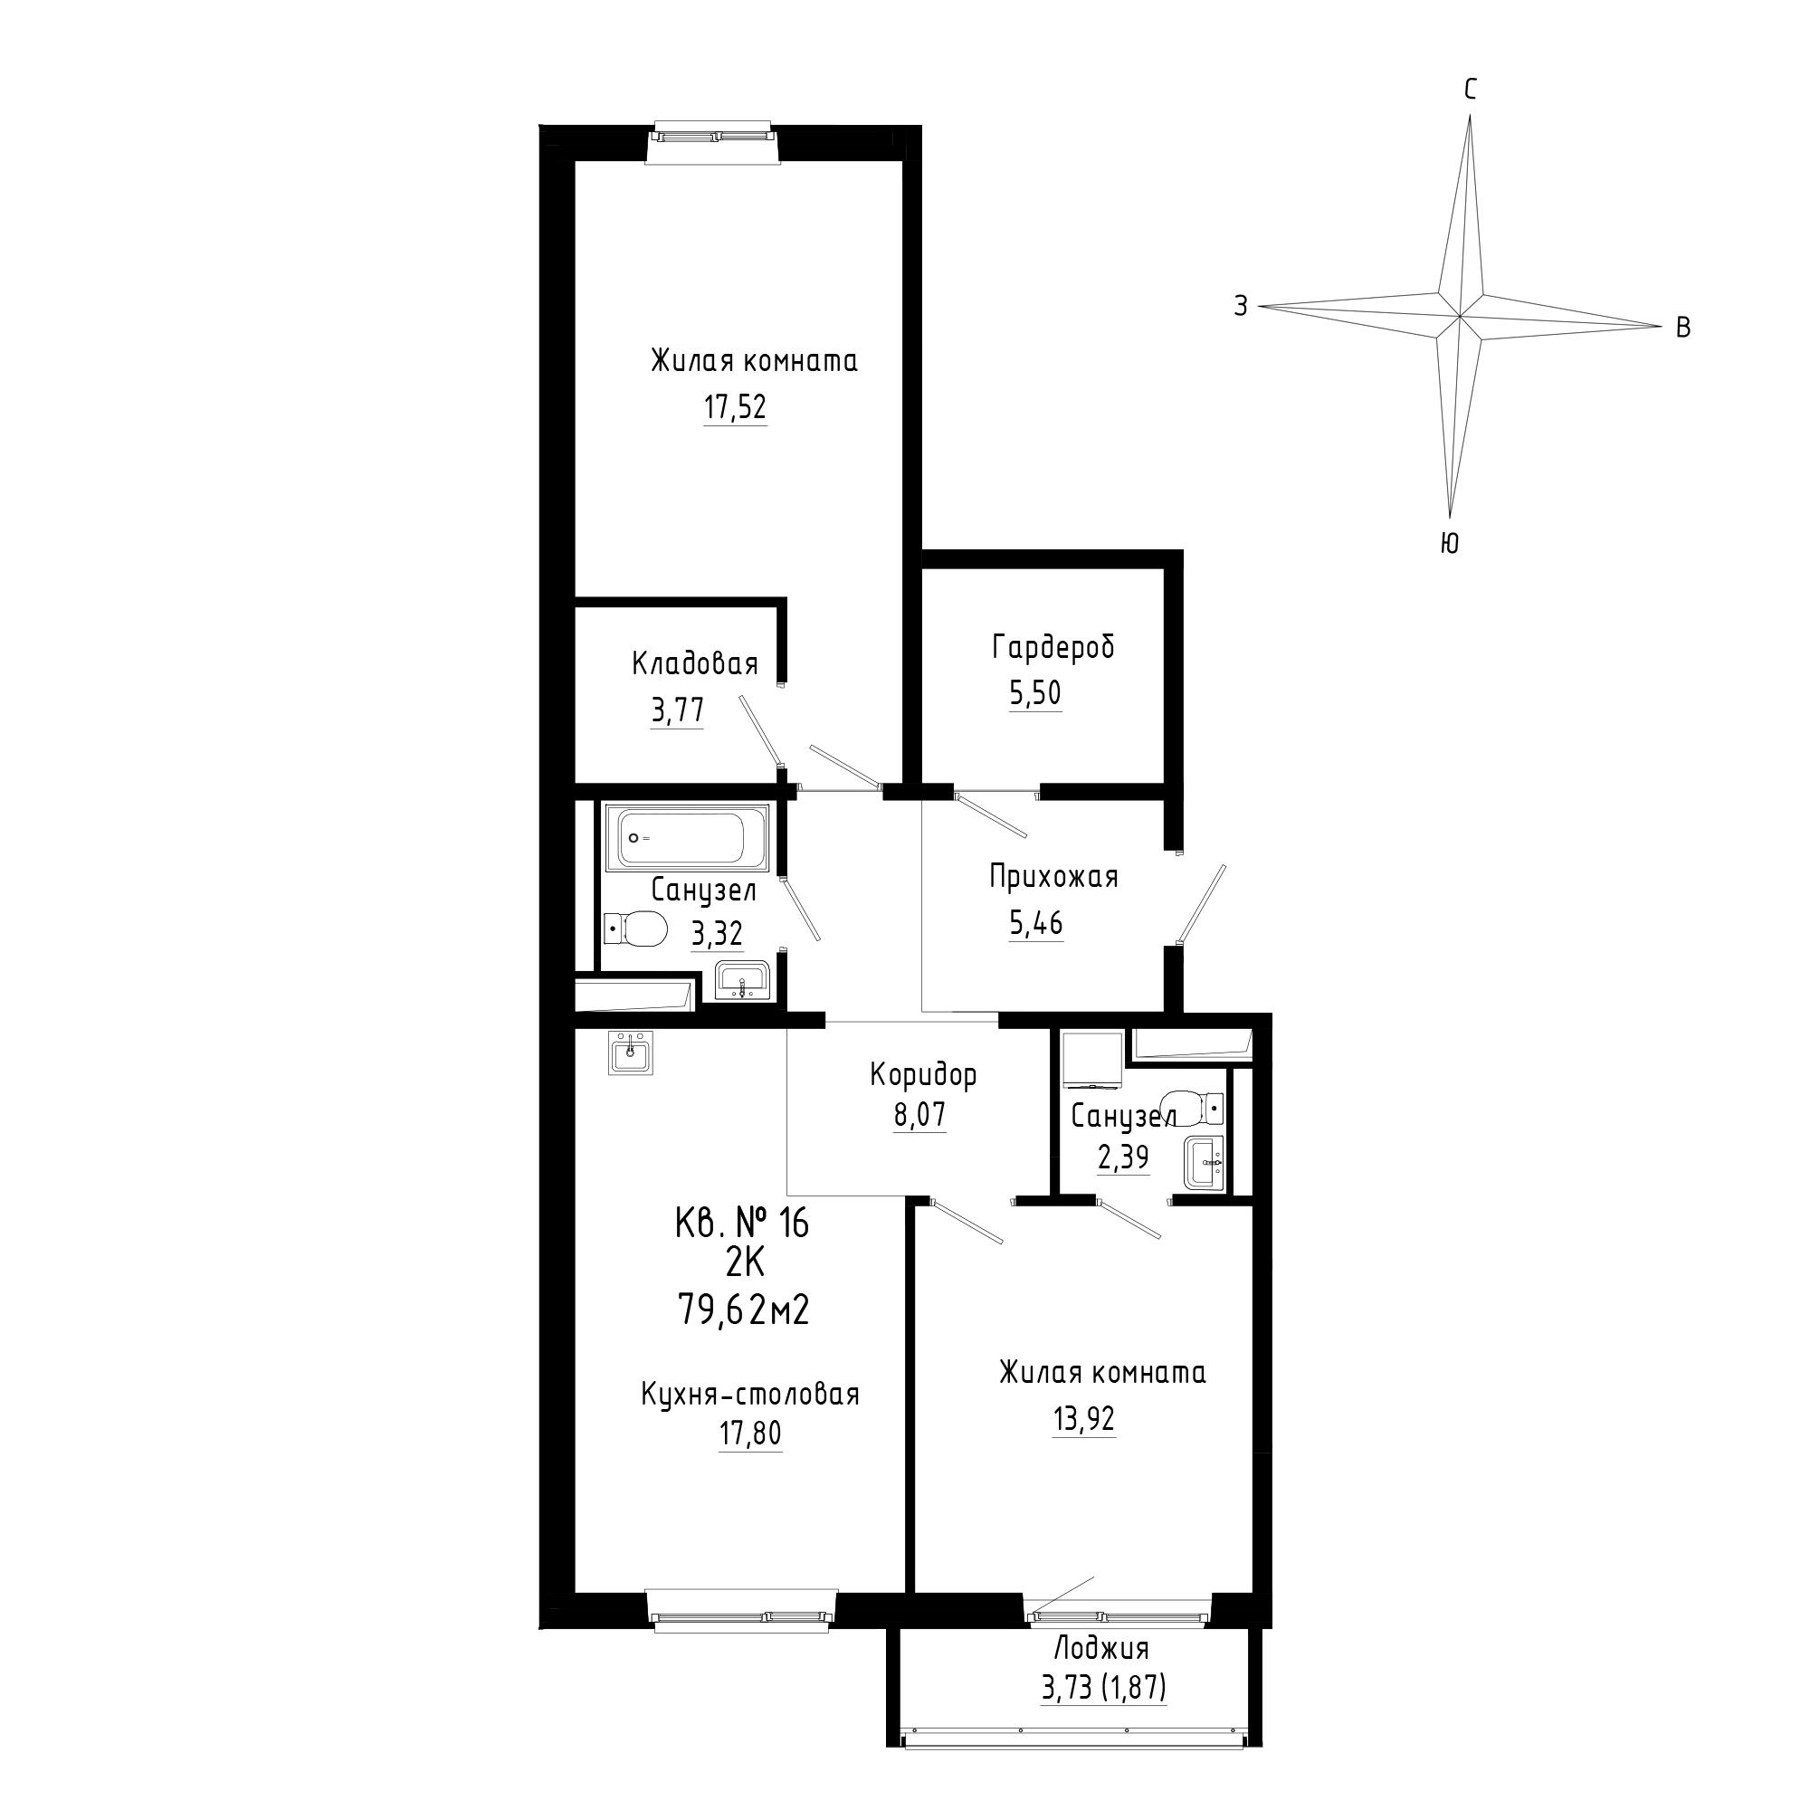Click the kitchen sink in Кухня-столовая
coord(631,1053)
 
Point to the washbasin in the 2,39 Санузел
coord(1204,1164)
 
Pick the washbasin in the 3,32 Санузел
coord(742,981)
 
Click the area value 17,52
coord(736,407)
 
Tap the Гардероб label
coord(1054,646)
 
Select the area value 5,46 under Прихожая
coord(1036,924)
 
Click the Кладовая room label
coord(695,664)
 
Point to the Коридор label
coord(924,1074)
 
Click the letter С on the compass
coord(1471,90)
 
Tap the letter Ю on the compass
coord(1449,543)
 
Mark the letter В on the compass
coord(1682,328)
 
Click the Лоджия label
coord(1101,1648)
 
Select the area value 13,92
coord(1084,1419)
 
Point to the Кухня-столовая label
coord(750,1394)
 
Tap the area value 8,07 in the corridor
coord(919,1115)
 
